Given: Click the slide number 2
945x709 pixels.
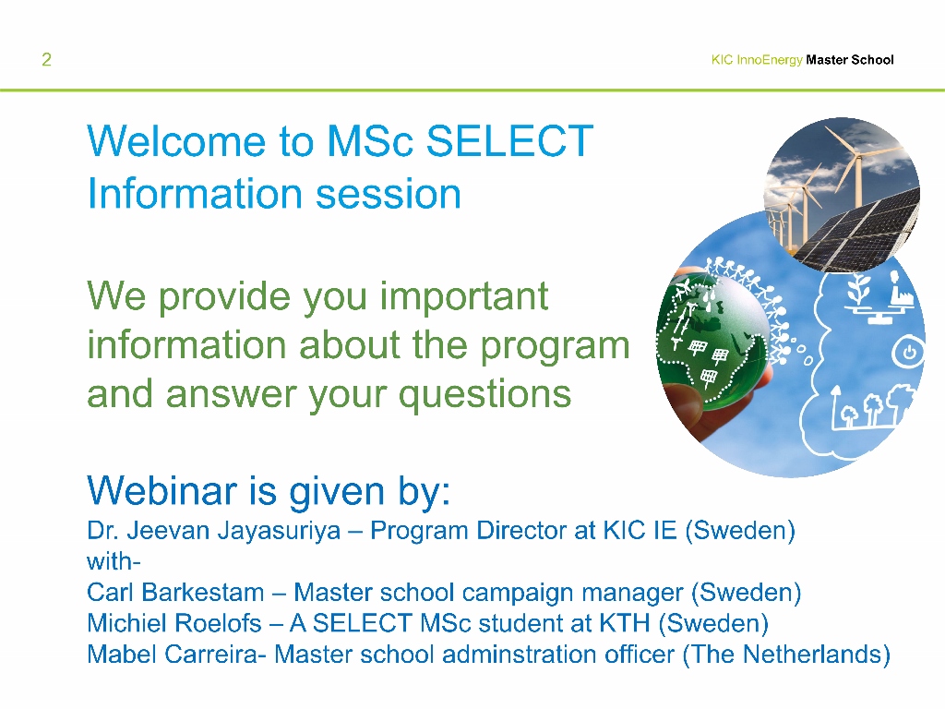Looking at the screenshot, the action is pyautogui.click(x=46, y=59).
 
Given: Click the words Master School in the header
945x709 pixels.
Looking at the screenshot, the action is pyautogui.click(x=850, y=60).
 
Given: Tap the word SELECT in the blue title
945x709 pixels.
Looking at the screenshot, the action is pyautogui.click(x=509, y=141).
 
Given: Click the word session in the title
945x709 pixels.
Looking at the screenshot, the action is pyautogui.click(x=389, y=194).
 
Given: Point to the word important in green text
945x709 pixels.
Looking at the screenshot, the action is pyautogui.click(x=464, y=296).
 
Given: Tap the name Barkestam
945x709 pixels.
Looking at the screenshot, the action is pyautogui.click(x=203, y=592).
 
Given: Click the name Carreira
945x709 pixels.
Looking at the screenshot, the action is pyautogui.click(x=211, y=655).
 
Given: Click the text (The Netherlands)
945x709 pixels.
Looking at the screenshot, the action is pyautogui.click(x=786, y=655).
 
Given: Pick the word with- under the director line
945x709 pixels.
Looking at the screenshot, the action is pyautogui.click(x=114, y=561).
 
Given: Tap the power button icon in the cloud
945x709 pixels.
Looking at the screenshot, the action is pyautogui.click(x=909, y=353).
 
